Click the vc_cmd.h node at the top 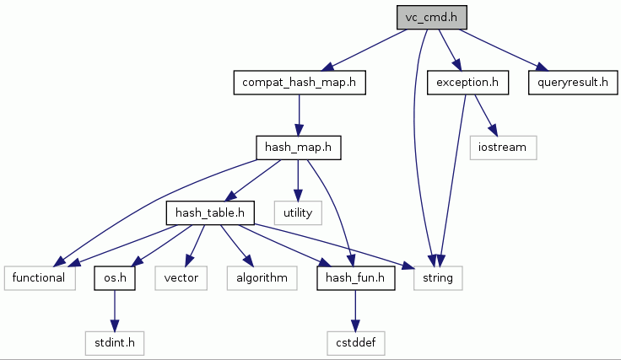pyautogui.click(x=432, y=18)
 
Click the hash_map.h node pyautogui.click(x=297, y=148)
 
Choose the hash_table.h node pyautogui.click(x=210, y=212)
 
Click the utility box pyautogui.click(x=298, y=212)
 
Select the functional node pyautogui.click(x=40, y=277)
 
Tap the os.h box pyautogui.click(x=115, y=277)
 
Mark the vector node pyautogui.click(x=181, y=277)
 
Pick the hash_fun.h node pyautogui.click(x=355, y=277)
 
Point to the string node pyautogui.click(x=437, y=277)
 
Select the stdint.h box pyautogui.click(x=115, y=342)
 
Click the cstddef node pyautogui.click(x=355, y=342)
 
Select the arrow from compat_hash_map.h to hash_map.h pyautogui.click(x=299, y=115)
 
